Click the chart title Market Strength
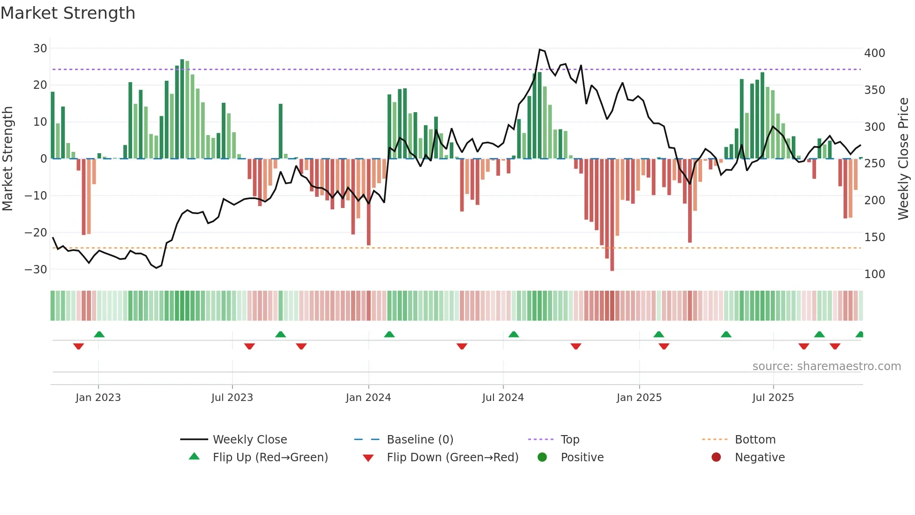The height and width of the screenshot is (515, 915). (68, 13)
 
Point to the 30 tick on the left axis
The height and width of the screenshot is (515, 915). (40, 48)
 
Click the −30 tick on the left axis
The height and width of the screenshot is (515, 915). (36, 269)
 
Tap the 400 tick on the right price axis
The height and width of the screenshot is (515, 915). (874, 53)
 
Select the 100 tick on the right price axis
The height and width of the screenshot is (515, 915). (874, 274)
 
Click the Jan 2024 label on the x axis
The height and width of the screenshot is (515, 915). (368, 398)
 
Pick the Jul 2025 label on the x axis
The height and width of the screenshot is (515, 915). (773, 398)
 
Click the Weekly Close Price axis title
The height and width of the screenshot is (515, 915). (903, 159)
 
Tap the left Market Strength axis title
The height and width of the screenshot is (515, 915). (8, 159)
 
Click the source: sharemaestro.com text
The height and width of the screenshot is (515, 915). (826, 366)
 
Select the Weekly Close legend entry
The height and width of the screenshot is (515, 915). (249, 440)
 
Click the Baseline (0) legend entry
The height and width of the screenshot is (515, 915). (420, 440)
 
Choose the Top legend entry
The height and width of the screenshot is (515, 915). (570, 440)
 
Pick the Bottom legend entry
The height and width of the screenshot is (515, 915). (755, 440)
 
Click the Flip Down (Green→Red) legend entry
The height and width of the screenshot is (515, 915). (452, 458)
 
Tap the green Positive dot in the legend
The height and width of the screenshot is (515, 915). (542, 458)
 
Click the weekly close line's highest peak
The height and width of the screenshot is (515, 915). (540, 50)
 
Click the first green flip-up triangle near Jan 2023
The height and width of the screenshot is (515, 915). (99, 334)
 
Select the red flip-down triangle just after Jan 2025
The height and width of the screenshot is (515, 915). (664, 346)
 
